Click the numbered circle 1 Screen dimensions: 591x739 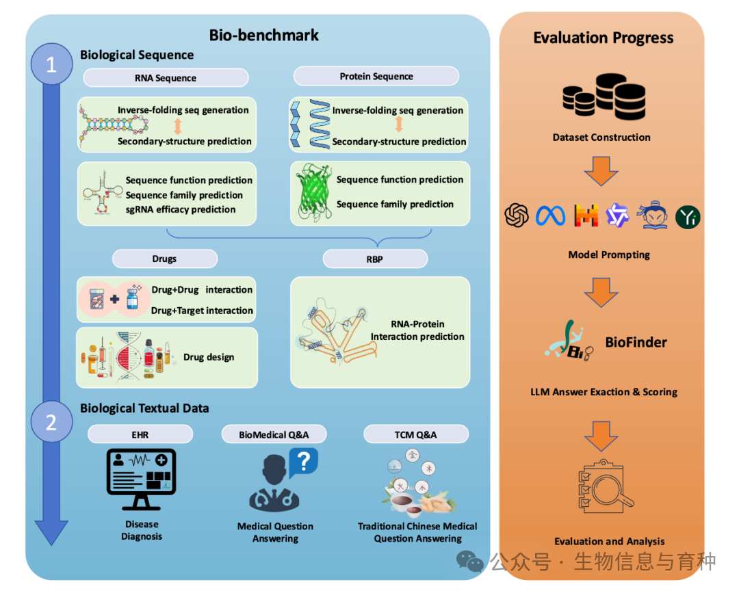click(x=51, y=65)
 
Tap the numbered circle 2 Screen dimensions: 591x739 click(x=51, y=423)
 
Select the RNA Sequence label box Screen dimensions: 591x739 click(x=166, y=78)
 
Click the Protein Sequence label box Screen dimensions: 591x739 click(x=376, y=76)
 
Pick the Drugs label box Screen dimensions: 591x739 click(x=164, y=259)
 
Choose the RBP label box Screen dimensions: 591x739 click(x=375, y=259)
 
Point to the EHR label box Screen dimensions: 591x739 click(x=140, y=434)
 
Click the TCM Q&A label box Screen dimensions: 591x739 click(x=416, y=434)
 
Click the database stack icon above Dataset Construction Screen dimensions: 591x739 click(x=601, y=96)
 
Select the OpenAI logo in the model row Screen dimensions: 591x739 click(x=517, y=216)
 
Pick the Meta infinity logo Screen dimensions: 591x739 click(x=551, y=216)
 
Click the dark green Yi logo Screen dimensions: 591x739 click(x=688, y=217)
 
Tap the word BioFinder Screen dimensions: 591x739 click(x=636, y=341)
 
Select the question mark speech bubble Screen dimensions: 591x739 click(x=303, y=462)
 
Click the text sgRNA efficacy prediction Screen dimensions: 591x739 click(x=181, y=209)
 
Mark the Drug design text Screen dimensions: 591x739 click(x=209, y=357)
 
